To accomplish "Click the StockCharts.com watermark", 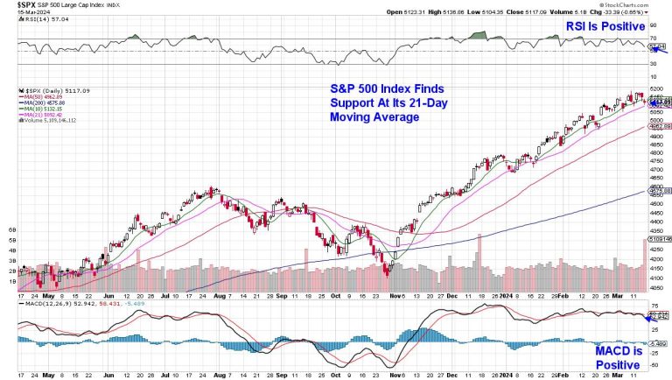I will [640, 4].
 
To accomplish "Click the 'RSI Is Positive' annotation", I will [605, 27].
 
